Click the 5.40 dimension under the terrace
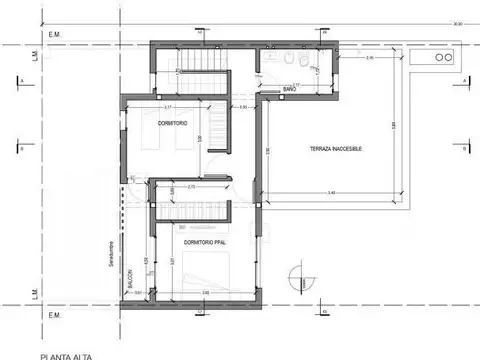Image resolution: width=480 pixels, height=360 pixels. click(x=331, y=191)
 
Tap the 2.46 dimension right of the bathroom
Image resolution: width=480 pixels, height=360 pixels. click(x=369, y=59)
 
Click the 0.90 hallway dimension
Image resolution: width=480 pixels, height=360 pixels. click(x=243, y=107)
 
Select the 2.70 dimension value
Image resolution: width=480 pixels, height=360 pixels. click(x=192, y=187)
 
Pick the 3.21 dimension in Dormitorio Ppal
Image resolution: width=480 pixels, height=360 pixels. click(x=171, y=262)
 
